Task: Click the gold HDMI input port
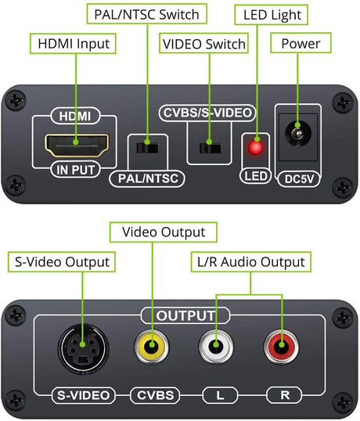click(77, 146)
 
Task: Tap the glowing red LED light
click(256, 147)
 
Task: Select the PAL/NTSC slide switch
click(147, 148)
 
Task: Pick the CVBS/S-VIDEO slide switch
click(211, 148)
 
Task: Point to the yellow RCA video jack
click(152, 347)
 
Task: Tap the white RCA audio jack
click(216, 347)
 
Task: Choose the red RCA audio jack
click(281, 347)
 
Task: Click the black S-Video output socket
click(83, 349)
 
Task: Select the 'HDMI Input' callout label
click(73, 44)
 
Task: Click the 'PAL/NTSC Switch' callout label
click(147, 14)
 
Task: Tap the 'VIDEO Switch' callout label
click(203, 44)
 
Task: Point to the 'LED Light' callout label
click(272, 15)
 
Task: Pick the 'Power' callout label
click(301, 43)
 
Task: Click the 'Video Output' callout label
click(164, 232)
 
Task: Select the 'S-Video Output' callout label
click(62, 262)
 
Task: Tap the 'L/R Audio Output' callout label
click(251, 262)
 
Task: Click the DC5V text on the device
click(299, 179)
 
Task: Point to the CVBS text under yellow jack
click(156, 395)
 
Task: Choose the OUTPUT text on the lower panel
click(185, 316)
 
